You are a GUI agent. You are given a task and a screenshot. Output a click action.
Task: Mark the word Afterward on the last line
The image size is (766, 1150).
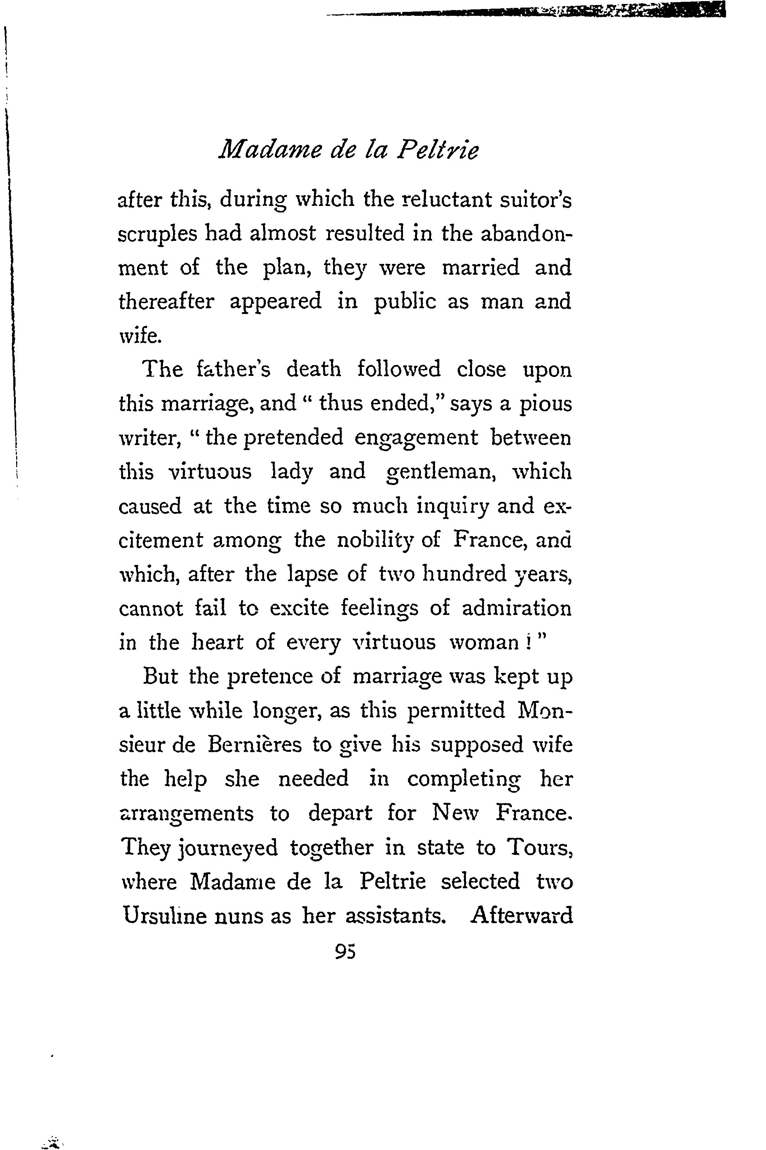click(x=521, y=915)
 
